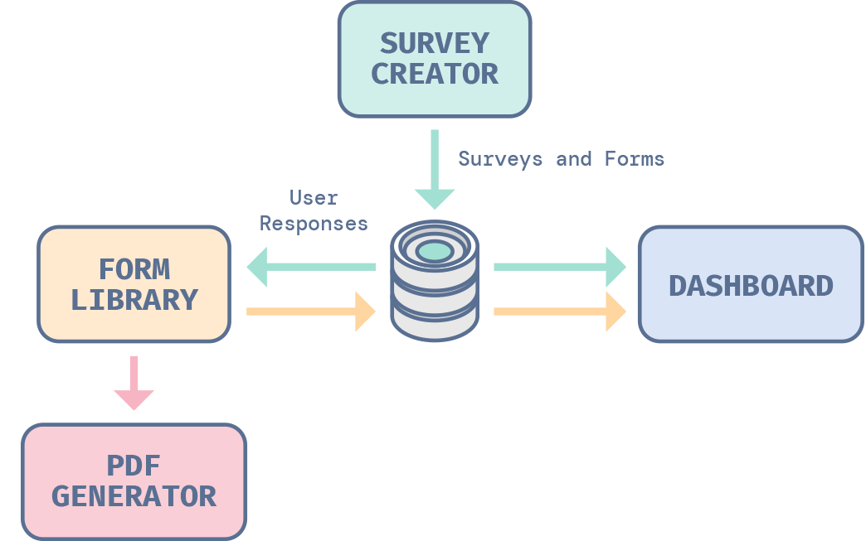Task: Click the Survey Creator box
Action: click(x=434, y=58)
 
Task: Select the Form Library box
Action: click(x=134, y=284)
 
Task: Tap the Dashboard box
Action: click(x=750, y=284)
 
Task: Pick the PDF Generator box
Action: click(x=134, y=481)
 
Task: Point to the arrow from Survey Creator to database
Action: click(x=435, y=170)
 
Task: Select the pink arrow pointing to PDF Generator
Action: click(x=134, y=383)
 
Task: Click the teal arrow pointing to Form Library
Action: click(x=311, y=267)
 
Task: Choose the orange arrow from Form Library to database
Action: click(x=311, y=312)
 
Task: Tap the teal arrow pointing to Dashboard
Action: click(x=560, y=267)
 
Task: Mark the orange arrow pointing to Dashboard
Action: click(x=560, y=312)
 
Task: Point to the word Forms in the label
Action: click(x=635, y=158)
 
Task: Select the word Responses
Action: click(x=314, y=224)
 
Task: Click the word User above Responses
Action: click(x=314, y=198)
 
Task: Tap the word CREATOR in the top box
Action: click(x=434, y=74)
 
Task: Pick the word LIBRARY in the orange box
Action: click(x=134, y=300)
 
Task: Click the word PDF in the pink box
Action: click(x=134, y=466)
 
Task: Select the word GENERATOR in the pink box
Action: click(x=134, y=496)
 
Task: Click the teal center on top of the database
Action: click(x=435, y=250)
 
